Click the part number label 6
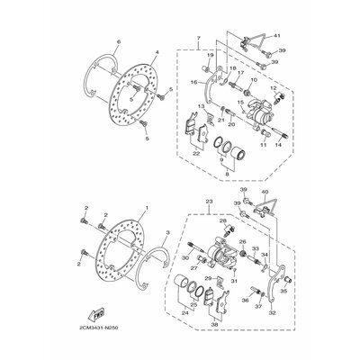tap(118, 41)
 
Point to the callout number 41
tap(278, 34)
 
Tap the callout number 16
tap(193, 82)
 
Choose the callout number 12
tap(274, 88)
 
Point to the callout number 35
tap(283, 292)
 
